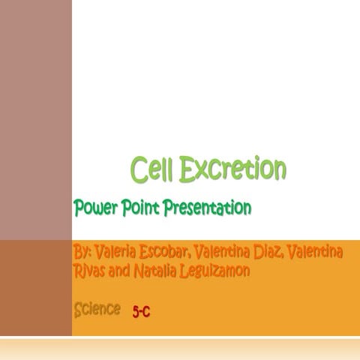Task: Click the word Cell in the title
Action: (152, 169)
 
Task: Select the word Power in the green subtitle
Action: (93, 208)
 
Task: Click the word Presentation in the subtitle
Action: (203, 208)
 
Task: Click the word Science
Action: (97, 308)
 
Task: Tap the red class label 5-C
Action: (141, 311)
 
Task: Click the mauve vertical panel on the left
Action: (35, 120)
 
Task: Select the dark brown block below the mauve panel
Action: (35, 289)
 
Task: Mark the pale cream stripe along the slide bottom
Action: (180, 349)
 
